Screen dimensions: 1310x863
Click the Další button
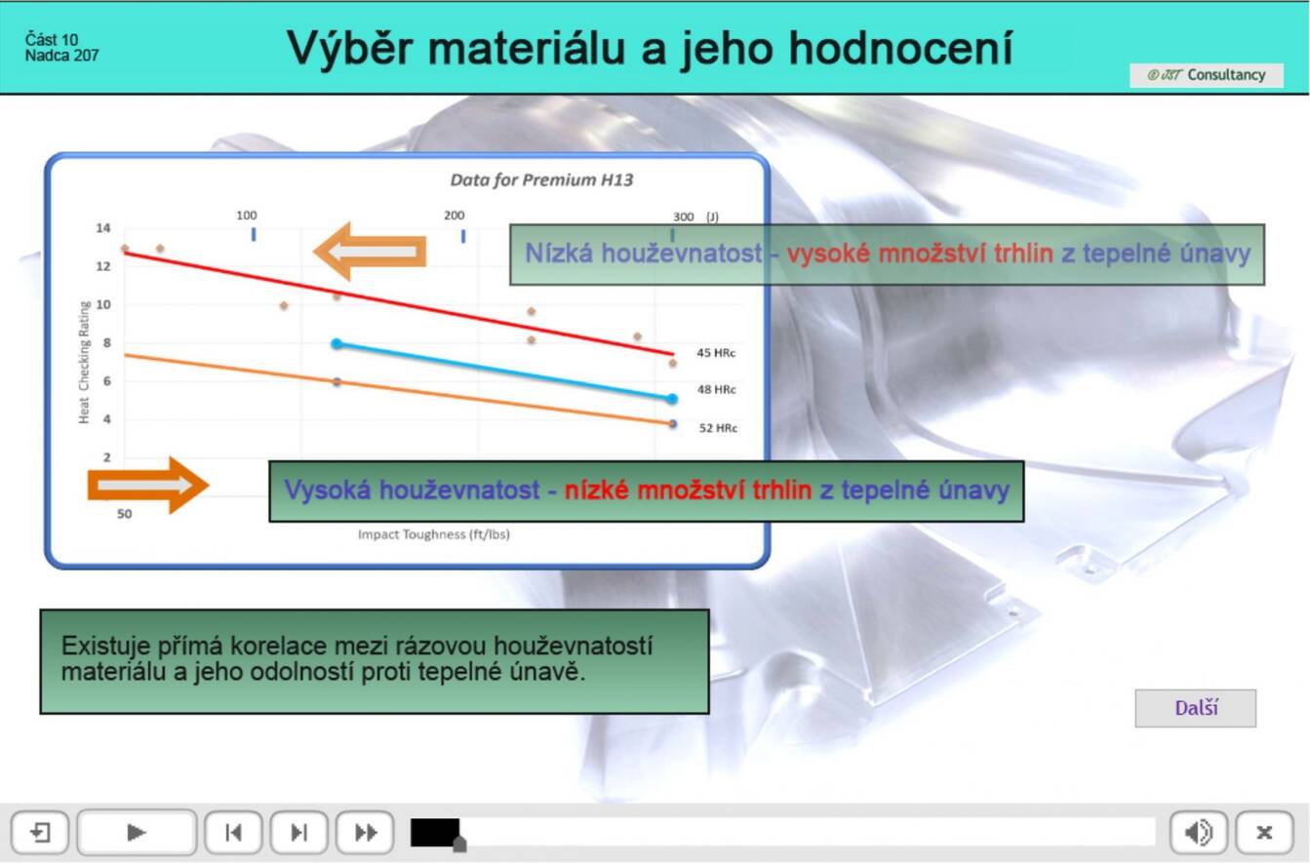point(1195,708)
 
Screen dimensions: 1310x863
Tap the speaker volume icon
point(1198,832)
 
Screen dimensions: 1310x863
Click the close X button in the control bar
point(1264,832)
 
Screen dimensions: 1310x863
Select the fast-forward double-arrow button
point(365,832)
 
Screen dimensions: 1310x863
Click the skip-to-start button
point(233,832)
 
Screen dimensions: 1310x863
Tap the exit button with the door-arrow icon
point(40,832)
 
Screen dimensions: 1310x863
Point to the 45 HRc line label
point(716,353)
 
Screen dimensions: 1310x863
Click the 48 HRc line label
point(716,389)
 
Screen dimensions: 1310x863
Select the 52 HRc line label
point(718,428)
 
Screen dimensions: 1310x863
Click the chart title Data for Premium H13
point(541,179)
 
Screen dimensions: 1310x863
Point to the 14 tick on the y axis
point(103,228)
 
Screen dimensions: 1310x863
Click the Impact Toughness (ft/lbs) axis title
point(433,533)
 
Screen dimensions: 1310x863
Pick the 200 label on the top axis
point(454,216)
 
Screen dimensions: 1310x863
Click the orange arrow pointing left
point(370,252)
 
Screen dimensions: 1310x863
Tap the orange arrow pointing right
point(148,486)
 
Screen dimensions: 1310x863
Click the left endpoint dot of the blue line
point(337,344)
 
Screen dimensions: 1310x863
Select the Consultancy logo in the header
point(1206,75)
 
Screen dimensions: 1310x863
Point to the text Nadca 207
point(62,56)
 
